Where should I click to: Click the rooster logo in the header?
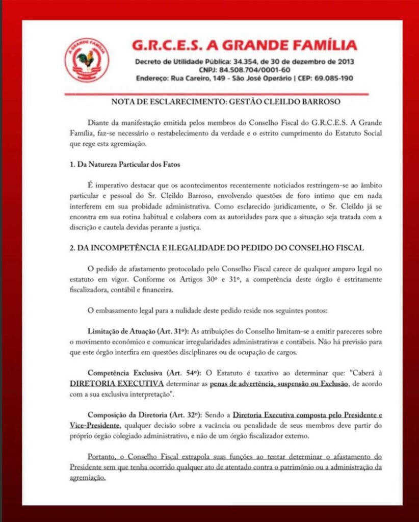click(x=87, y=60)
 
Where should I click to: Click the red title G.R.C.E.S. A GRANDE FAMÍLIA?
click(x=244, y=45)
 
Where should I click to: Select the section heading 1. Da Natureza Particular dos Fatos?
click(x=125, y=165)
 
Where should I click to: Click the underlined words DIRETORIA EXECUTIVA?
click(x=117, y=382)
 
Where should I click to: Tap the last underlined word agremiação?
click(x=87, y=478)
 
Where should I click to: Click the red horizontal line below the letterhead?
click(x=216, y=94)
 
